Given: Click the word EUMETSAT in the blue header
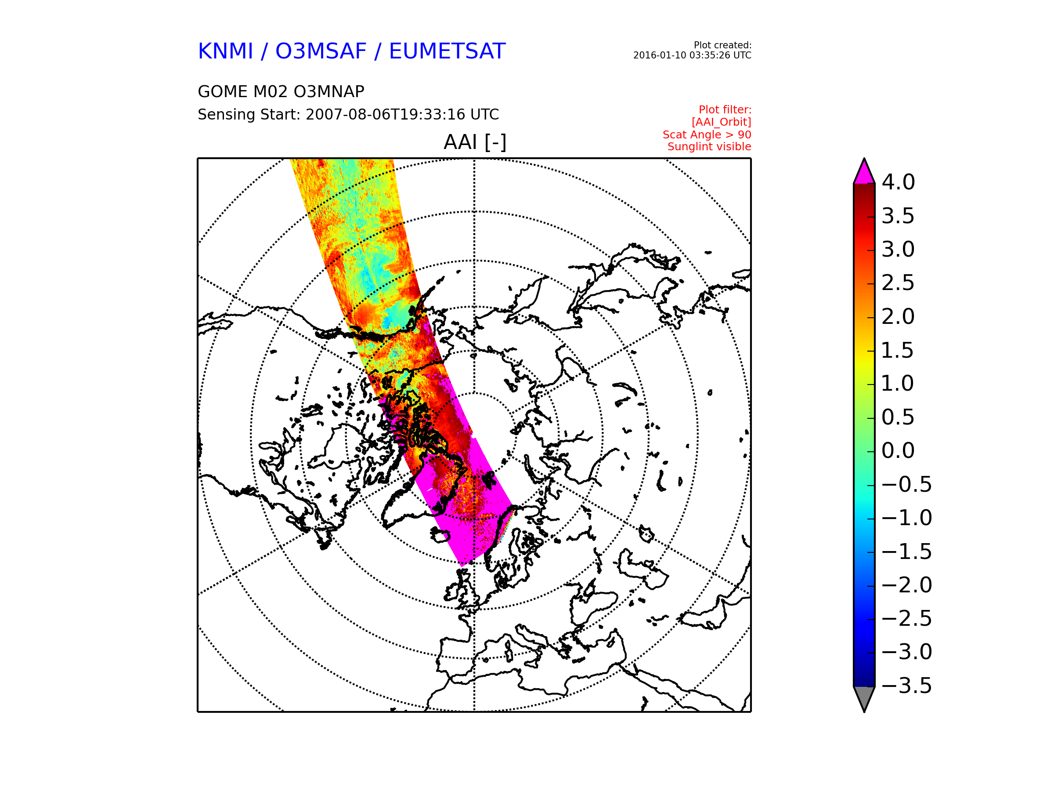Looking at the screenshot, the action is click(447, 51).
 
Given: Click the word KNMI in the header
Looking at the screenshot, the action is click(225, 51).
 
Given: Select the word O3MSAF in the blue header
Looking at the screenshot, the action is click(321, 51).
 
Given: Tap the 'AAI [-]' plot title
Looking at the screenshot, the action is click(475, 142).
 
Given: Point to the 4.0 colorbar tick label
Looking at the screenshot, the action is click(898, 182).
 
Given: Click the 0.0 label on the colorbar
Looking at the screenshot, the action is click(898, 450).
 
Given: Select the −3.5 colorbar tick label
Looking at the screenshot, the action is click(907, 686).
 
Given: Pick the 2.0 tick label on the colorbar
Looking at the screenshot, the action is click(898, 316).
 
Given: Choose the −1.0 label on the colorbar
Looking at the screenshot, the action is click(907, 518).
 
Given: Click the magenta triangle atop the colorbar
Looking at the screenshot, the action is click(864, 173).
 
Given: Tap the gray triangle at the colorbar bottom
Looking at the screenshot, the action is click(864, 697).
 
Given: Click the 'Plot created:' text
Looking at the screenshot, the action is click(722, 45).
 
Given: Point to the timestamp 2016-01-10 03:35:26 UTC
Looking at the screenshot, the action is click(692, 55).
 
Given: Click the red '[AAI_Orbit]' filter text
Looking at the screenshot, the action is click(722, 122).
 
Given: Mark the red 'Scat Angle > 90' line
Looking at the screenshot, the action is click(707, 134).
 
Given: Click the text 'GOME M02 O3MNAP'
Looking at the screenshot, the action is click(281, 91).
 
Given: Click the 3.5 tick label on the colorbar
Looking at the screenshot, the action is click(898, 216).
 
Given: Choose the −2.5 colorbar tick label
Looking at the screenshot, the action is click(907, 618).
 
